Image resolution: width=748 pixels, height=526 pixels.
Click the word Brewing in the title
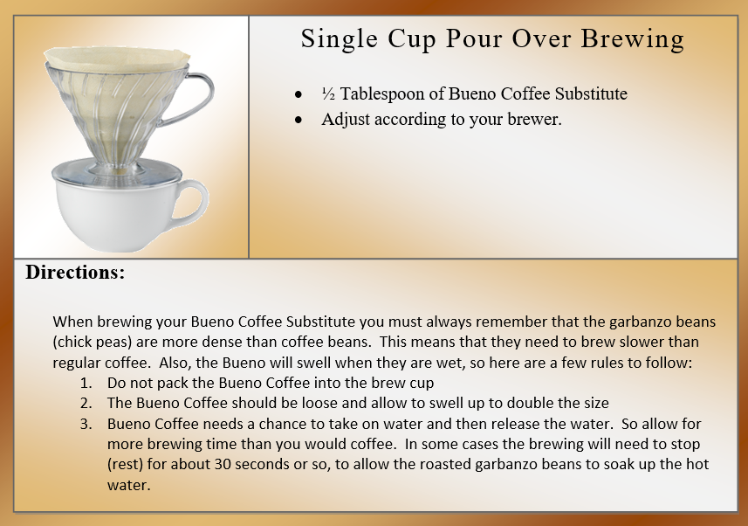pos(633,39)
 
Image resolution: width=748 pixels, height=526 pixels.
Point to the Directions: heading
pos(75,273)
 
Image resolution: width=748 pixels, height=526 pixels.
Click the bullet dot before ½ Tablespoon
pos(299,94)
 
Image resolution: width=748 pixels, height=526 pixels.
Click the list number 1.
pos(86,384)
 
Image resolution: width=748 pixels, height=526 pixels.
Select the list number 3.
pos(86,425)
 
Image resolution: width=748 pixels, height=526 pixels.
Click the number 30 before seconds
pos(223,464)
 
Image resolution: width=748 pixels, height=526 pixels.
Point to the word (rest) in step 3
pos(125,465)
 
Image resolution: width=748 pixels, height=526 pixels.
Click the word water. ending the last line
pos(129,486)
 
